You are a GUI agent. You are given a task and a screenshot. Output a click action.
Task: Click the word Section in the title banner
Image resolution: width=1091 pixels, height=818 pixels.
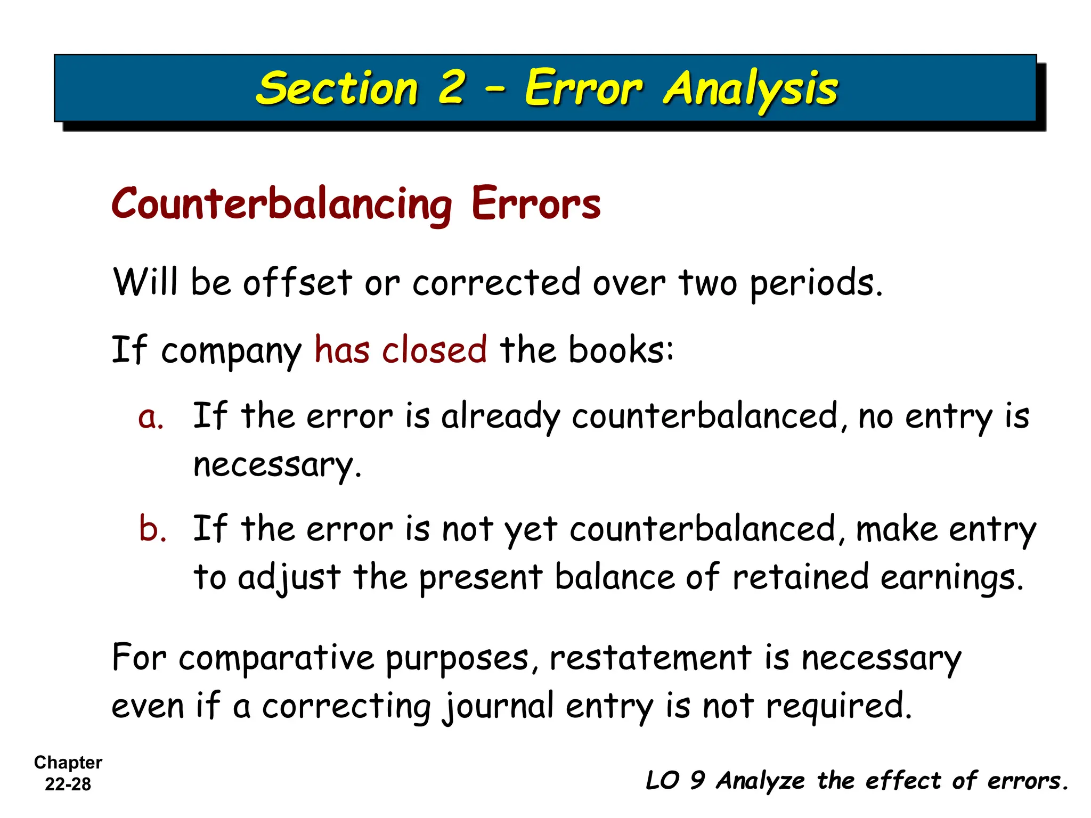click(337, 88)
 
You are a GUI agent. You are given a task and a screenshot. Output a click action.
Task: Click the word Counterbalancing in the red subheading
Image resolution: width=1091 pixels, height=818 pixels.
click(282, 204)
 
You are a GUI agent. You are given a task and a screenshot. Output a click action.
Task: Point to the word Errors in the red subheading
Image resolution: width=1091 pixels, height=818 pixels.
click(536, 203)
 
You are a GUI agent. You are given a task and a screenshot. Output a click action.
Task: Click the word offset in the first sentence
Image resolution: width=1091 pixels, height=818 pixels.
click(297, 282)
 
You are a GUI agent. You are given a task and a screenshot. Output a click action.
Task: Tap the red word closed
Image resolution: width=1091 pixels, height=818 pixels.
click(434, 350)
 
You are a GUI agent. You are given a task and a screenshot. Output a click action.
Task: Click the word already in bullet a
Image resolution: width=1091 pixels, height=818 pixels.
click(500, 417)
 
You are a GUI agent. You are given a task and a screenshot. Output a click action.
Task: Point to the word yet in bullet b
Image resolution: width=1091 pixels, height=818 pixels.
click(531, 530)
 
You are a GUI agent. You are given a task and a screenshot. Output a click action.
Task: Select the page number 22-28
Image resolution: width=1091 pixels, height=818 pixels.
click(68, 784)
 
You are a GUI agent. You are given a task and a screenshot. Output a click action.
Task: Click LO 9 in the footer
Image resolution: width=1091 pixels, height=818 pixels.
click(675, 781)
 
